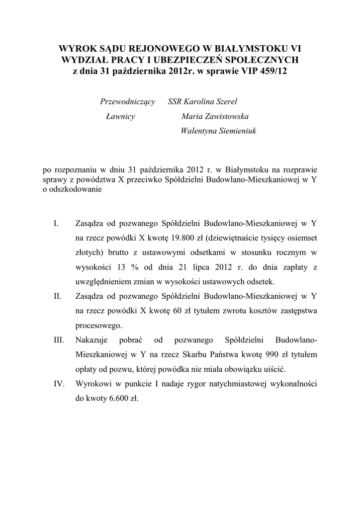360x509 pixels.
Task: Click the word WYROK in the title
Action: click(76, 49)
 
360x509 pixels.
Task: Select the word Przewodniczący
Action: click(128, 102)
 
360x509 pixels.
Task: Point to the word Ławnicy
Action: click(121, 117)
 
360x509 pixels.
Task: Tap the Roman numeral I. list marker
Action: click(56, 223)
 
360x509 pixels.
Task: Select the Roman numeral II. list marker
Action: click(57, 296)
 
